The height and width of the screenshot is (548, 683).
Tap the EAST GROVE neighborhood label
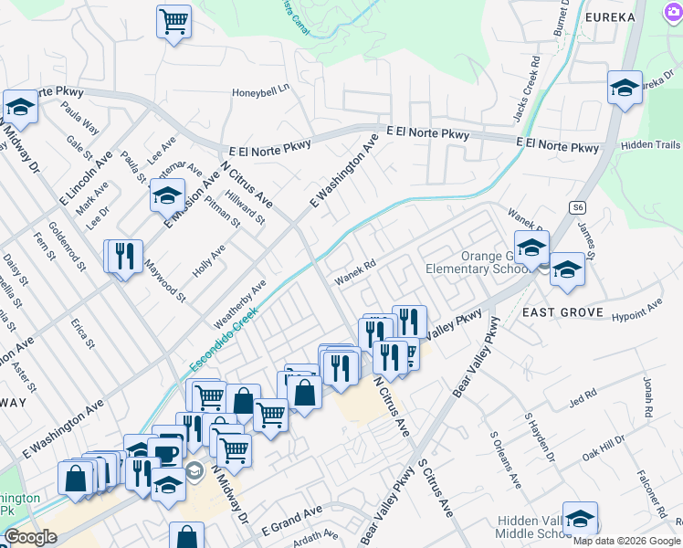pyautogui.click(x=562, y=312)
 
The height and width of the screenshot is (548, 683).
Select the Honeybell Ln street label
pyautogui.click(x=259, y=90)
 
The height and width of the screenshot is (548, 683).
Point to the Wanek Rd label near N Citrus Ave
pyautogui.click(x=354, y=270)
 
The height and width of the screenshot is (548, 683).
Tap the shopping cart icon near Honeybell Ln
pyautogui.click(x=173, y=21)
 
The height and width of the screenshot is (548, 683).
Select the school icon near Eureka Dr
pyautogui.click(x=625, y=88)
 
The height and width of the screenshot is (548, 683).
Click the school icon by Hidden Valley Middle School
pyautogui.click(x=580, y=519)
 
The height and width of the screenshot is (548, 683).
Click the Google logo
pyautogui.click(x=31, y=537)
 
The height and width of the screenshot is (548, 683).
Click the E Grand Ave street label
pyautogui.click(x=292, y=521)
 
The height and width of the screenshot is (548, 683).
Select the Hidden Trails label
pyautogui.click(x=650, y=145)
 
